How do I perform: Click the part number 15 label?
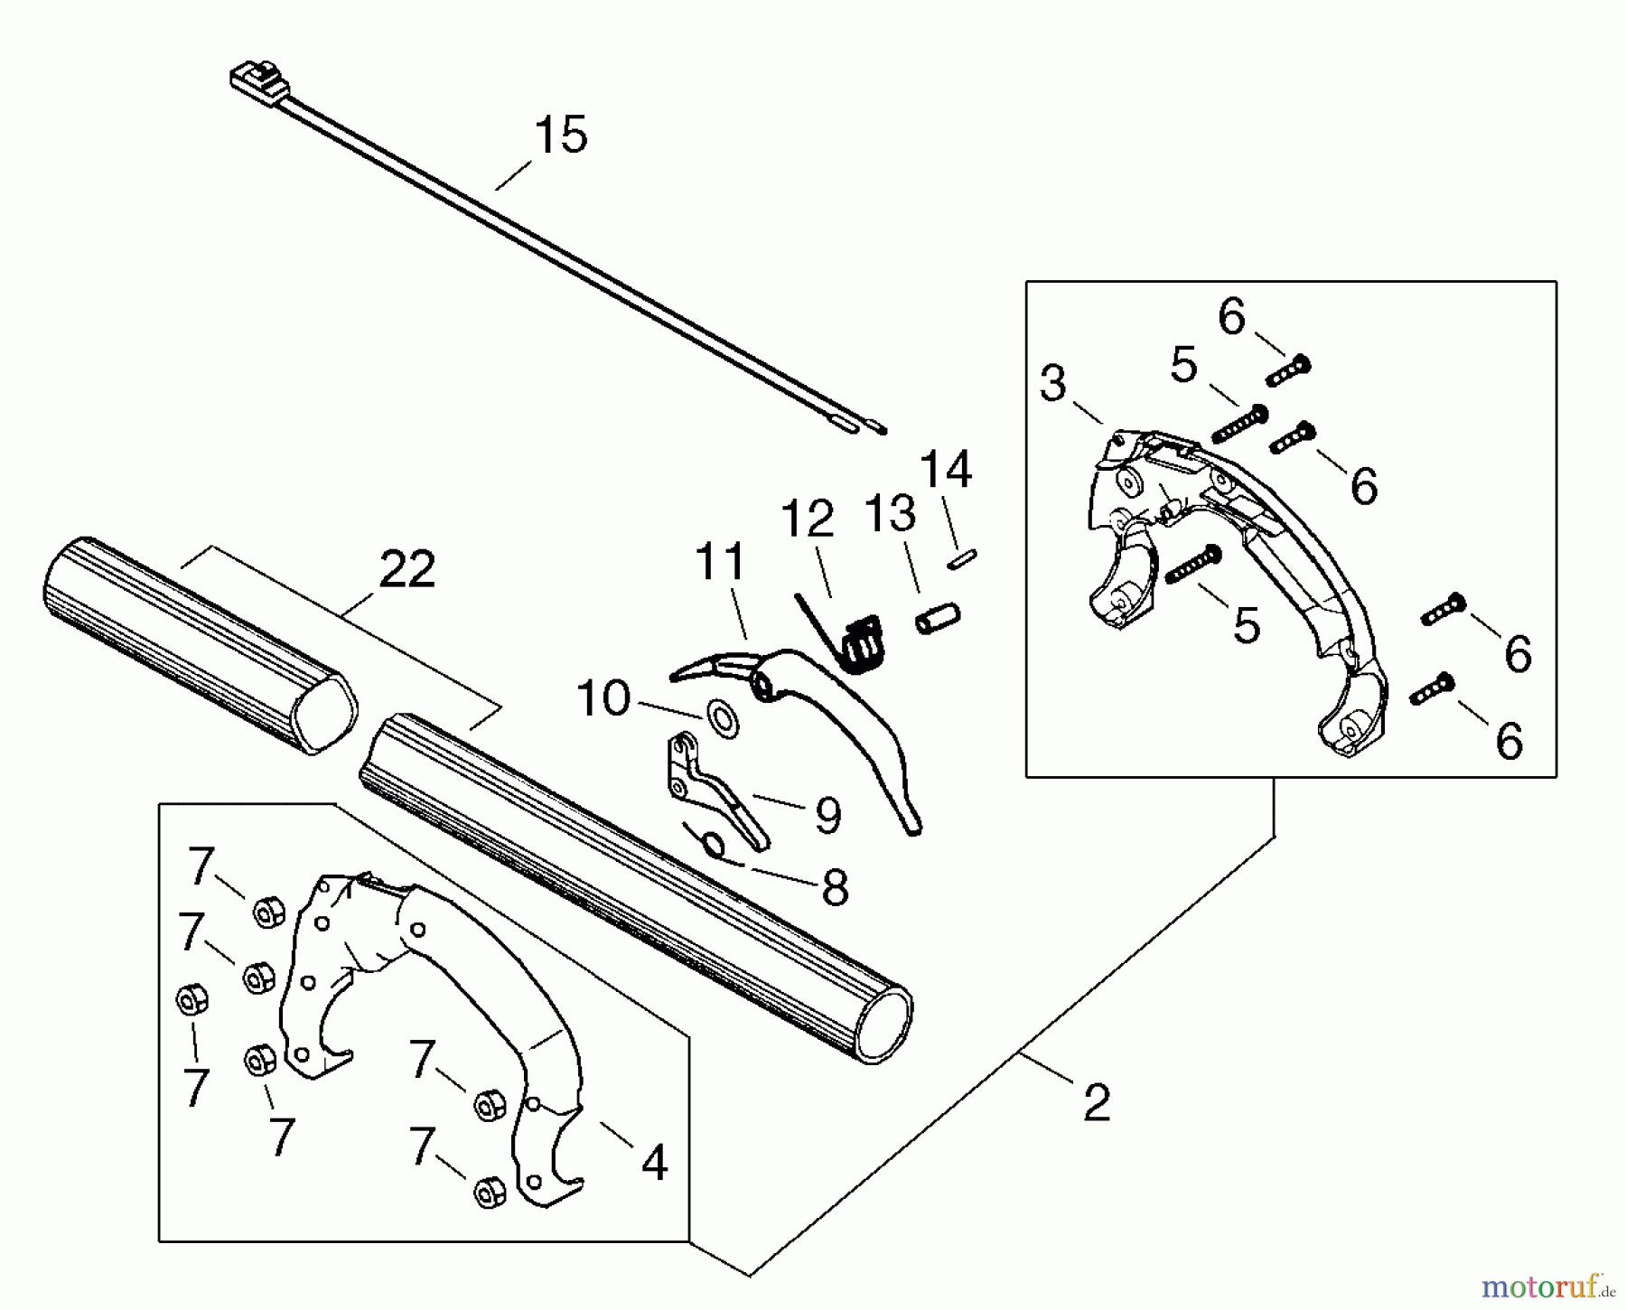pos(560,135)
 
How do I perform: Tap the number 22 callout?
pos(406,570)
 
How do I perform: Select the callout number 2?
pos(1096,1103)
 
